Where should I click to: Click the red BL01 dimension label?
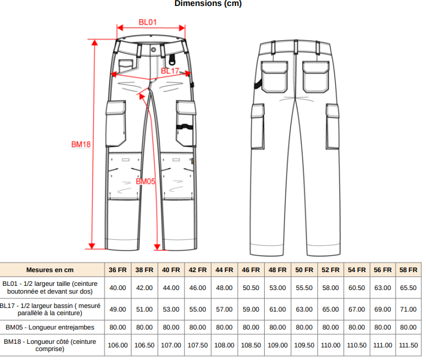click(148, 22)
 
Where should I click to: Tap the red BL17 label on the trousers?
click(170, 71)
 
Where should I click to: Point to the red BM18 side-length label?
click(81, 144)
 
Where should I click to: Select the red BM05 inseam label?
click(145, 181)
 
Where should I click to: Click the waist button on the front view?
click(154, 50)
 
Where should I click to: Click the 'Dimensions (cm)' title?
click(208, 3)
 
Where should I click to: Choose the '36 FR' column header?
click(118, 270)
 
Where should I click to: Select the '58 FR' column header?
click(408, 270)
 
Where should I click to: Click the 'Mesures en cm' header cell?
click(50, 270)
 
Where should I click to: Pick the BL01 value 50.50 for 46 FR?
click(251, 288)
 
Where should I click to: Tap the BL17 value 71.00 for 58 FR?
click(408, 309)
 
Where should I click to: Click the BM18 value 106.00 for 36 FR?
click(118, 345)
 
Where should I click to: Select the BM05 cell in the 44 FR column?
click(224, 327)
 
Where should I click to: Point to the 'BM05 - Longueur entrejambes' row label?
click(50, 327)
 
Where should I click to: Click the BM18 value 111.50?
click(408, 345)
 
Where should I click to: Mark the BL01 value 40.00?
click(118, 288)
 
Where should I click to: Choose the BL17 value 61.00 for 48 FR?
click(277, 309)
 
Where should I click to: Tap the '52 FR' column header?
click(330, 270)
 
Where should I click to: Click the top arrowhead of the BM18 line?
click(94, 42)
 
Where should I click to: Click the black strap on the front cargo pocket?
click(185, 126)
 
